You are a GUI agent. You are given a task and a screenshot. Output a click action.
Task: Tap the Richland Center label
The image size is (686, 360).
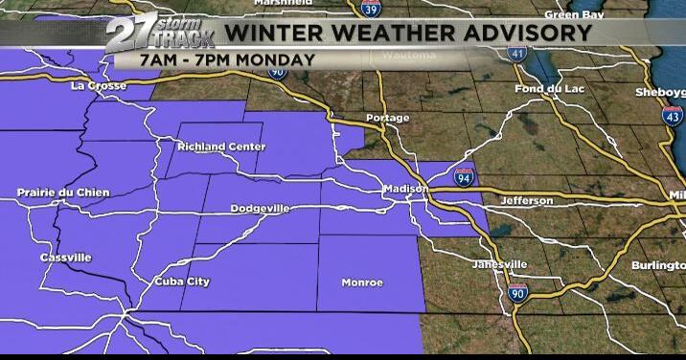coord(221,146)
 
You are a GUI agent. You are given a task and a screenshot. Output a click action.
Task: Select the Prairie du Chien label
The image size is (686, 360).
coord(63,192)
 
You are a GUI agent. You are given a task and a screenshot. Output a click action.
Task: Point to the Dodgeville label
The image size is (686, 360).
coord(261,208)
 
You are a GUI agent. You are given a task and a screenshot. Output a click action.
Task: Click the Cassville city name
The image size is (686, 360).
coord(66,258)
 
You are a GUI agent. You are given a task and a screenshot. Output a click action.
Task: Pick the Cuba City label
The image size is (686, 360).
coord(182,281)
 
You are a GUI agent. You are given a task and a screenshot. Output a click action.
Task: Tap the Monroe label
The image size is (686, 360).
coord(362,282)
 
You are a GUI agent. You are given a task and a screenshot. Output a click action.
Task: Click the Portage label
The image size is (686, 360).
coord(387,119)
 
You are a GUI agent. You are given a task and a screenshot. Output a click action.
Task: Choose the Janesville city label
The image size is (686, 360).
coord(500,264)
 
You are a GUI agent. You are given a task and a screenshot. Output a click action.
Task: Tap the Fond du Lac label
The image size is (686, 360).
coord(542,90)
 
